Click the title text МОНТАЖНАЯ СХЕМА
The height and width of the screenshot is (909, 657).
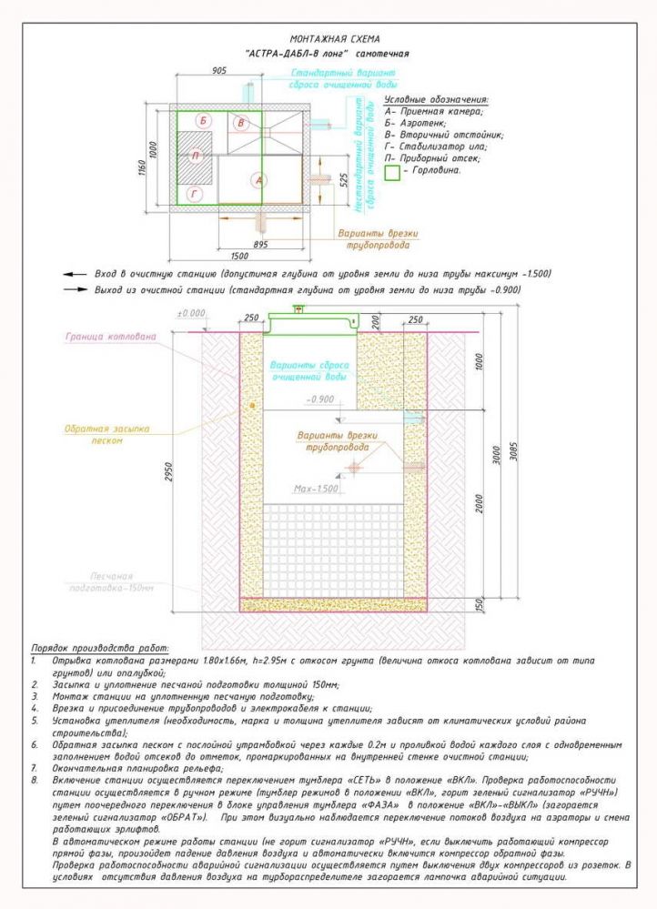coord(327,40)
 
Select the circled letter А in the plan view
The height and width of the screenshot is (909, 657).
coord(259,180)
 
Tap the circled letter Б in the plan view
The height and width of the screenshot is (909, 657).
coord(204,121)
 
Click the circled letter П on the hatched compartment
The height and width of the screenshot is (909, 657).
coord(195,156)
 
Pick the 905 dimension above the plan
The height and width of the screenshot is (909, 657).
coord(219,69)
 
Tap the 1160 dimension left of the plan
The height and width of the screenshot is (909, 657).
coord(143,162)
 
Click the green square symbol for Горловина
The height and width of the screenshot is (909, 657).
coord(392,169)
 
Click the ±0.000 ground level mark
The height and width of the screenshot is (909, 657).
coord(192,313)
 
